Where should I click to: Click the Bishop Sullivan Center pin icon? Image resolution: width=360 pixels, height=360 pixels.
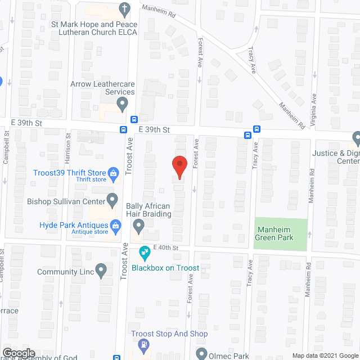click(x=112, y=199)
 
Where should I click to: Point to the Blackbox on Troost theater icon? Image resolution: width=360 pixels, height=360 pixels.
click(x=143, y=254)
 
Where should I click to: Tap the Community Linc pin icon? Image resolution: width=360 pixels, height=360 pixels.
click(x=101, y=271)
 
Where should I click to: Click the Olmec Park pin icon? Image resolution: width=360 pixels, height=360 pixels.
click(x=202, y=354)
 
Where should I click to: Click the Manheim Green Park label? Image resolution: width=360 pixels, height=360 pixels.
click(x=281, y=233)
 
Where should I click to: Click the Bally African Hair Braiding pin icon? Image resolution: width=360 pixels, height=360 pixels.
click(x=138, y=227)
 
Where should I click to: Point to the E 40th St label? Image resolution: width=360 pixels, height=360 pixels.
click(x=165, y=247)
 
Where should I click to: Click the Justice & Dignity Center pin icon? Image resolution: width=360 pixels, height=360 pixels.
click(x=356, y=138)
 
